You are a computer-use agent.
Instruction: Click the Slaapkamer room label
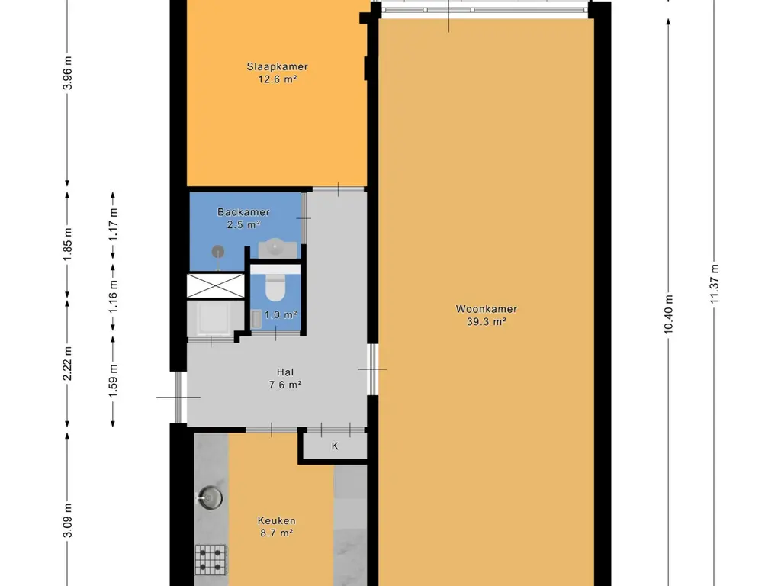[x=277, y=67]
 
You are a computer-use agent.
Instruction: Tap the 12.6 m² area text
[x=277, y=79]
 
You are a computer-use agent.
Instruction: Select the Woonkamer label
[x=487, y=309]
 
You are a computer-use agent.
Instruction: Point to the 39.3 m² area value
[x=487, y=322]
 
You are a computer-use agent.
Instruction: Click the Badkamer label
[x=243, y=212]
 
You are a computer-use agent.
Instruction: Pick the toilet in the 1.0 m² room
[x=274, y=288]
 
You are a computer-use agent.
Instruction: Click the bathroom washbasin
[x=275, y=246]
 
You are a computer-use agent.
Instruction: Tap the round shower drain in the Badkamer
[x=219, y=250]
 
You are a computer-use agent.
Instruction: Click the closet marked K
[x=334, y=446]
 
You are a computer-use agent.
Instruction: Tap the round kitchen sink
[x=211, y=498]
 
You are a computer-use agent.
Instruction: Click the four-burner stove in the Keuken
[x=211, y=559]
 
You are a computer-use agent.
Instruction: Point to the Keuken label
[x=276, y=521]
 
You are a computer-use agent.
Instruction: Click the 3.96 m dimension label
[x=68, y=74]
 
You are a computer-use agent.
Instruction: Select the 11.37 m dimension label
[x=715, y=283]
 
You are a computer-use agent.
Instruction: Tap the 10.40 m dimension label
[x=669, y=314]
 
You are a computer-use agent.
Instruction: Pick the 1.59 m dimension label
[x=114, y=383]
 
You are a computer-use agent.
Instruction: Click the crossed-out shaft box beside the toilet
[x=211, y=285]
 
